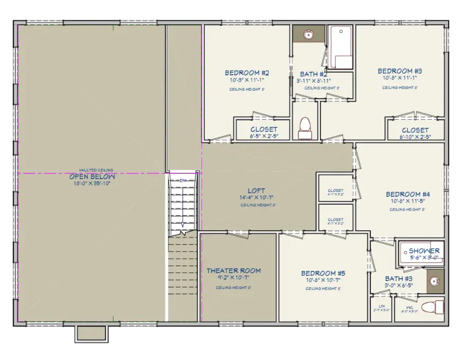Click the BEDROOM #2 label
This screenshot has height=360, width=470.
(247, 73)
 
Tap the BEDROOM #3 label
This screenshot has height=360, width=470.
(400, 71)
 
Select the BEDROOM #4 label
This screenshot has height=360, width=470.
(407, 195)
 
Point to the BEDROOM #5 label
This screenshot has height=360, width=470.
(323, 273)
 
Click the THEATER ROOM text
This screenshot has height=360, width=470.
(233, 271)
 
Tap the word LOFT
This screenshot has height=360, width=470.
(256, 191)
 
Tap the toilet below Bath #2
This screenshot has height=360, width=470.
(305, 127)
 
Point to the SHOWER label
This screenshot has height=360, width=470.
(423, 251)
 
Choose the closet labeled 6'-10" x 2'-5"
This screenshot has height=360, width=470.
(415, 130)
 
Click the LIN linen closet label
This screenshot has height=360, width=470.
(381, 306)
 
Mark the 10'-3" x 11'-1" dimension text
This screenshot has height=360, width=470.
(247, 80)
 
